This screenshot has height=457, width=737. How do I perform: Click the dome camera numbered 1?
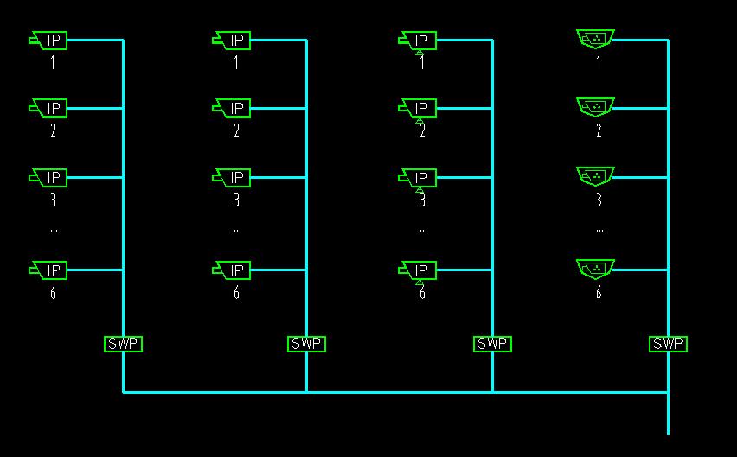[595, 39]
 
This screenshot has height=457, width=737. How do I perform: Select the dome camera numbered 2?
[595, 107]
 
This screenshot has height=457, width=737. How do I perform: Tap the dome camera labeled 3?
[595, 176]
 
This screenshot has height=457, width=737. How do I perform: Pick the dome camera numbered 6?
[595, 269]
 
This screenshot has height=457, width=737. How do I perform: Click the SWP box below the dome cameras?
[668, 344]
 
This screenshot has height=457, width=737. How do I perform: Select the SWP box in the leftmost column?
[123, 344]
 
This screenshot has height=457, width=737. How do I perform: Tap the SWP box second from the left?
[306, 344]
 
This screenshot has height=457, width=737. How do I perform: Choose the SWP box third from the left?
[492, 344]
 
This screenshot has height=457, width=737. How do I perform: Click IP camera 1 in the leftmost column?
[48, 41]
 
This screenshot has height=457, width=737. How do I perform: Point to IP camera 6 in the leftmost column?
[48, 270]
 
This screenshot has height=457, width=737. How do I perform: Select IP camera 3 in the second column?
[231, 178]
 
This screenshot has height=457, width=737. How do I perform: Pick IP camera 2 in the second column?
[231, 108]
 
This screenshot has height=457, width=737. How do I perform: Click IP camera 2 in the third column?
[417, 108]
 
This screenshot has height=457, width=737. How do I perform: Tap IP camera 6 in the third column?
[417, 270]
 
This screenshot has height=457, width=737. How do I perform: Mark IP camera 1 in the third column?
[417, 41]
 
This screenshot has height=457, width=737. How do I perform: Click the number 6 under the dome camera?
[599, 293]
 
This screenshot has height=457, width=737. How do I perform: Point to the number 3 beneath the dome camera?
[599, 200]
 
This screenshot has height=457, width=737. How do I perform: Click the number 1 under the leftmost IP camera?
[53, 62]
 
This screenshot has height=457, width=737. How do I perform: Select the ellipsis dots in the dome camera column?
[599, 231]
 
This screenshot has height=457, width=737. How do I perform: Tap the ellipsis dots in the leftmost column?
[54, 231]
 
